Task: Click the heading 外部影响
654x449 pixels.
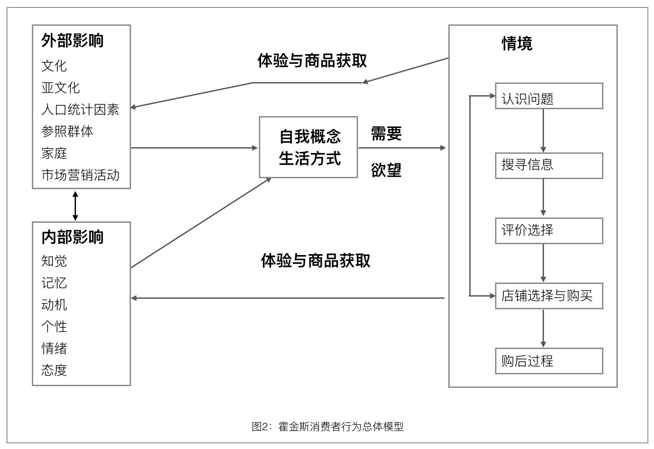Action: [72, 41]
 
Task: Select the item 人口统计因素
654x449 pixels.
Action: [80, 109]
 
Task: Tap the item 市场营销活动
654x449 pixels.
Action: [80, 175]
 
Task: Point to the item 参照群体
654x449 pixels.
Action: [67, 131]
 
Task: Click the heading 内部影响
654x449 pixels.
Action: [72, 237]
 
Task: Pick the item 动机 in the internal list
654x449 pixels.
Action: [54, 304]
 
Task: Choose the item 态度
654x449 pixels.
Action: [54, 370]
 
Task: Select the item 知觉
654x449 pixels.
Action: [54, 261]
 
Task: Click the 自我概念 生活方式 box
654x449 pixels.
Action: [308, 147]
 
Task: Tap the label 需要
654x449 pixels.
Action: [386, 133]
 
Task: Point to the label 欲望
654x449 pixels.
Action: [386, 170]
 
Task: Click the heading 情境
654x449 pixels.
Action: [517, 44]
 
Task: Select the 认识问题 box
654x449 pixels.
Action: [549, 96]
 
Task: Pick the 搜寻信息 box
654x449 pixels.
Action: [549, 166]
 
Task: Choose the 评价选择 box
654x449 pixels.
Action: [549, 231]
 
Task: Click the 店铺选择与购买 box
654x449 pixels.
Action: [549, 296]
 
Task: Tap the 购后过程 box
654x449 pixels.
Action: [549, 361]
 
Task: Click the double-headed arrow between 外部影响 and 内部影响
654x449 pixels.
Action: [75, 205]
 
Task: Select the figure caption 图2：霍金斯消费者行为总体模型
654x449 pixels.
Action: [327, 426]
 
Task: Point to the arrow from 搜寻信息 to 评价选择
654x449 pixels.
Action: [543, 198]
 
